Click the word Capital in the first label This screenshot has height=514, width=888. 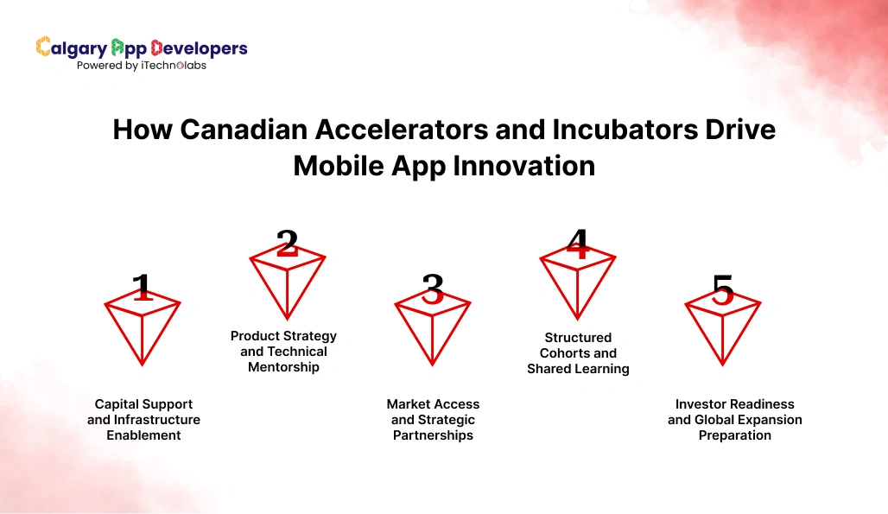pyautogui.click(x=119, y=404)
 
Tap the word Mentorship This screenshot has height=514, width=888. pyautogui.click(x=283, y=367)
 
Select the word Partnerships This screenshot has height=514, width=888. pyautogui.click(x=433, y=435)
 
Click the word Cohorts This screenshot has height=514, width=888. pyautogui.click(x=567, y=353)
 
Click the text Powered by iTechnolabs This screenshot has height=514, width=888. pyautogui.click(x=142, y=66)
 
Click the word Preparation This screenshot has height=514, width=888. pyautogui.click(x=734, y=435)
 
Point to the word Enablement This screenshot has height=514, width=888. pyautogui.click(x=143, y=435)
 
